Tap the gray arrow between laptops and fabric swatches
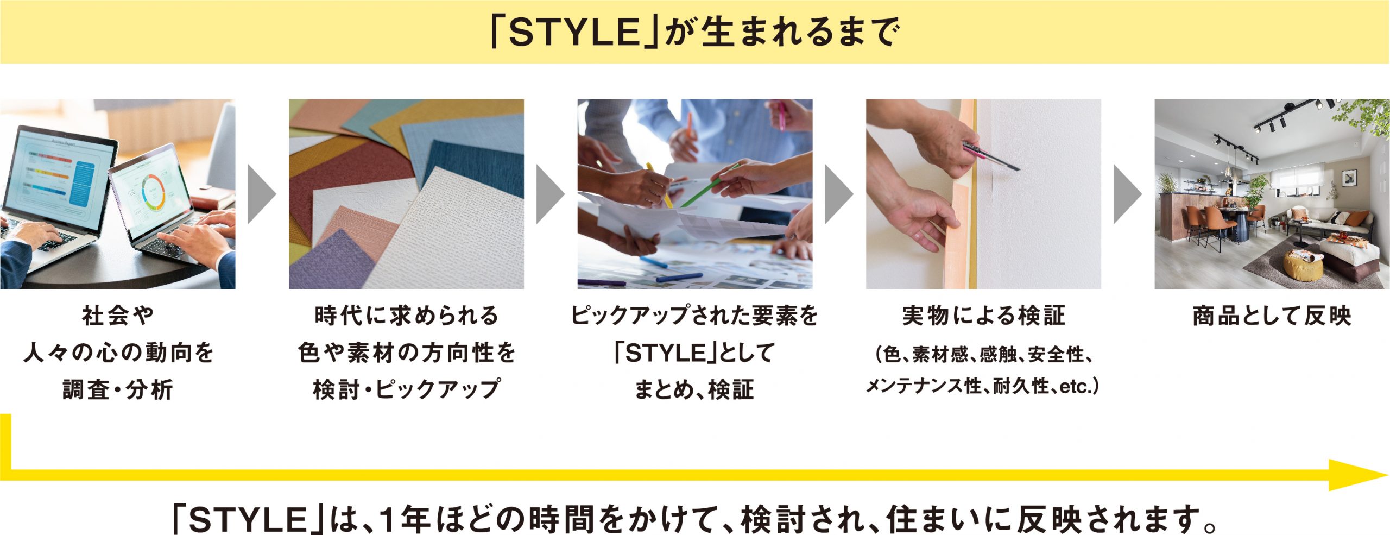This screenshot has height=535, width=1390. click(x=262, y=194)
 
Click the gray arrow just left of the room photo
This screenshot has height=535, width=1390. click(x=1127, y=194)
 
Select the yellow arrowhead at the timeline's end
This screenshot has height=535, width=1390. click(x=1357, y=475)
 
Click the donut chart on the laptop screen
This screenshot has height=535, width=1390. click(x=153, y=193)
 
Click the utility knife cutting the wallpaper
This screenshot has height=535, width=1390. click(x=991, y=155)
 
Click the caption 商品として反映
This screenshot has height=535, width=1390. click(x=1272, y=316)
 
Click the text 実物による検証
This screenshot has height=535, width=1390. click(x=983, y=316)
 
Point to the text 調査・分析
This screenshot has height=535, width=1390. click(x=118, y=389)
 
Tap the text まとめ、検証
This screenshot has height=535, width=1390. click(x=694, y=389)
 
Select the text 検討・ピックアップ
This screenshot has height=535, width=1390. click(x=406, y=389)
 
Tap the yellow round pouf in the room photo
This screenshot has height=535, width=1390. click(x=1303, y=266)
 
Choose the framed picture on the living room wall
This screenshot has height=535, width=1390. click(x=1349, y=178)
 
